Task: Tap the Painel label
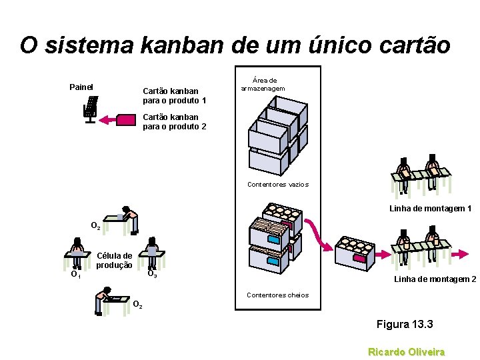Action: click(x=81, y=87)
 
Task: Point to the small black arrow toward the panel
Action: click(x=107, y=120)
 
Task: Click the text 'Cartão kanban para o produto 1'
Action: click(x=175, y=95)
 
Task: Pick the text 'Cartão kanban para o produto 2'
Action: click(x=175, y=121)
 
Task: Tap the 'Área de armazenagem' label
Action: click(x=263, y=84)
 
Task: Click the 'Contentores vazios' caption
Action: click(x=277, y=184)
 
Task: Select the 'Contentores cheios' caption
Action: click(x=277, y=295)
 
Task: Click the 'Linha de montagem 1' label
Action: click(x=430, y=209)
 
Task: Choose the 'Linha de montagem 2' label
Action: click(x=435, y=279)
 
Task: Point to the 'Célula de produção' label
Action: click(x=114, y=260)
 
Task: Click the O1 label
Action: click(x=76, y=274)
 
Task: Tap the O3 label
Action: click(x=152, y=273)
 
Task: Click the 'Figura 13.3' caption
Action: click(x=405, y=325)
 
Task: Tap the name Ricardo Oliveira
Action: click(x=407, y=351)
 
